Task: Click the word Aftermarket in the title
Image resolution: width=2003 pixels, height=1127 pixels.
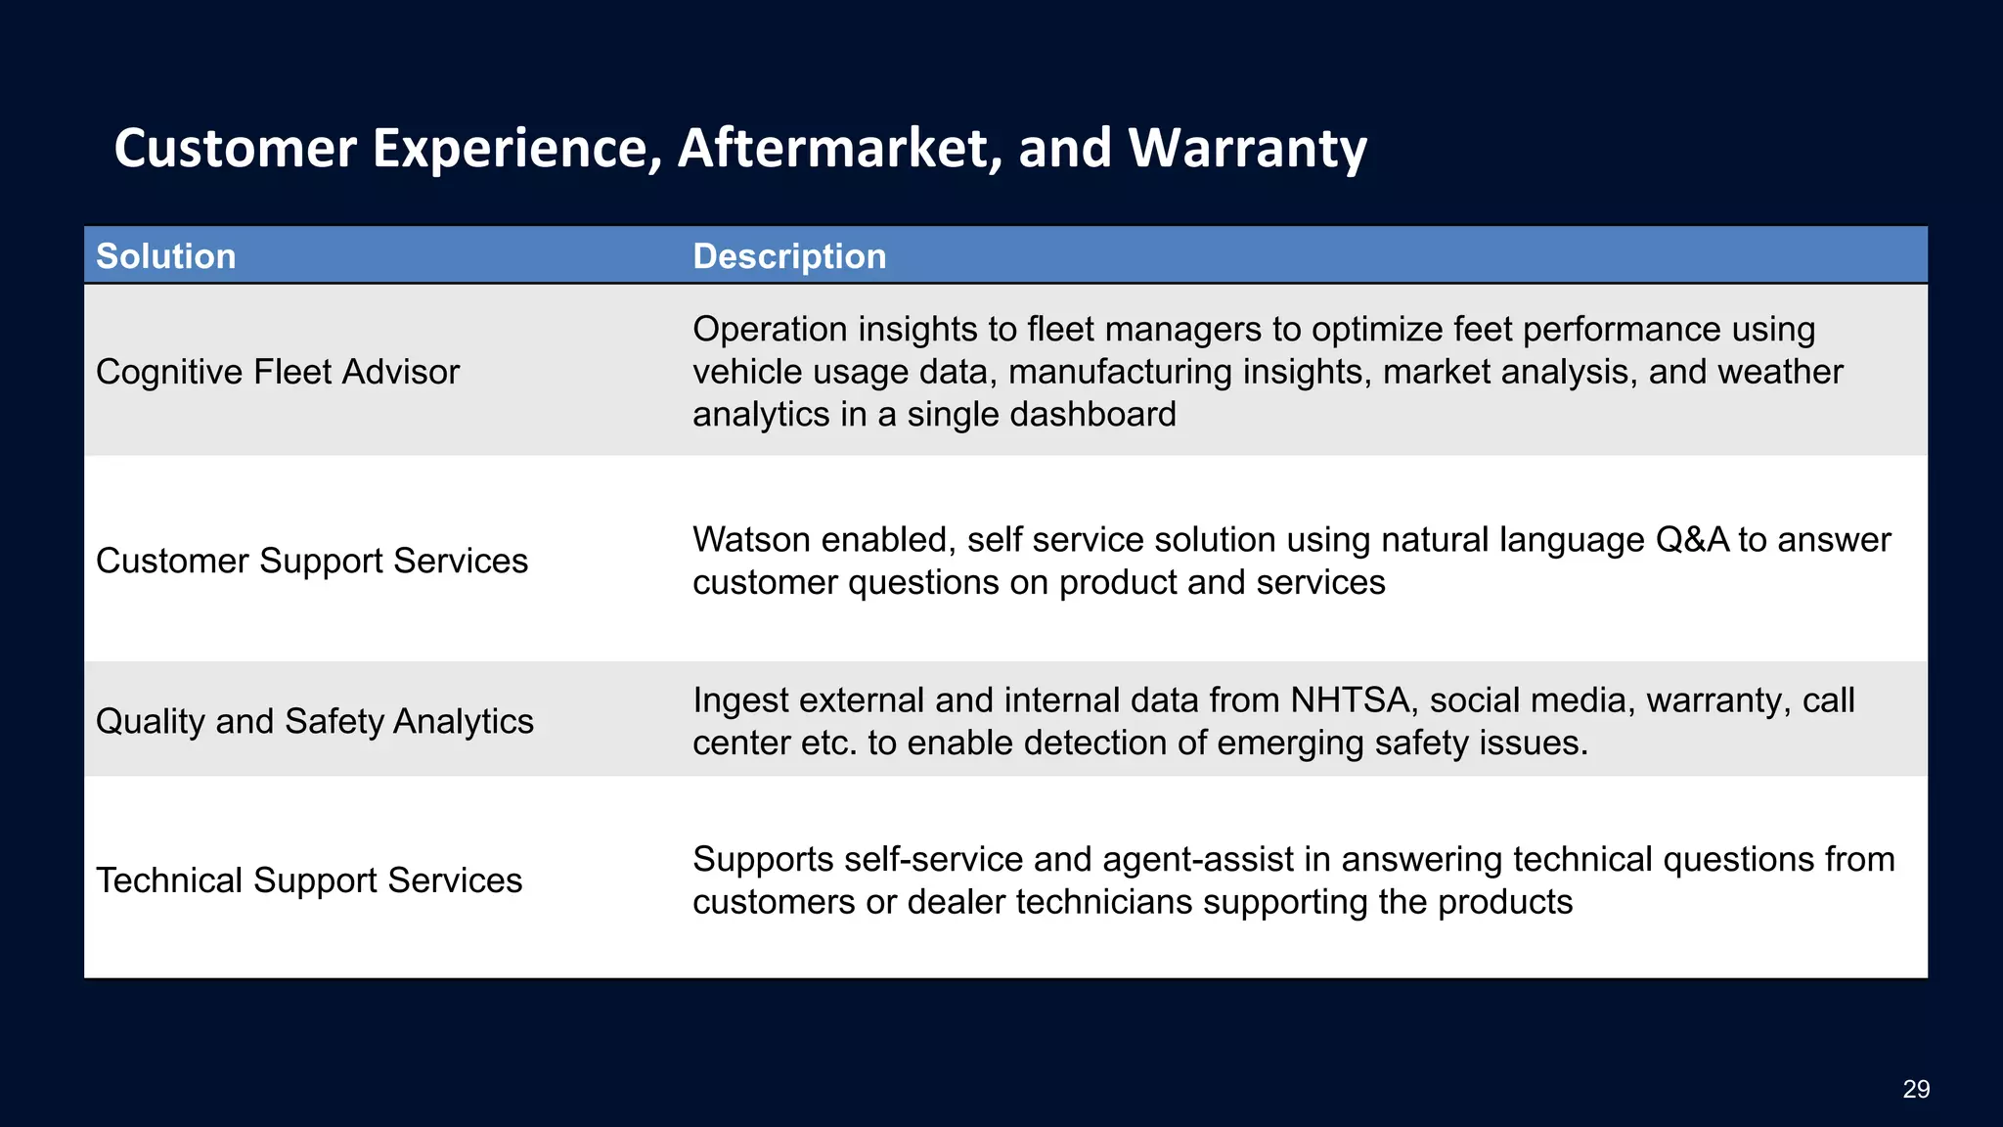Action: click(839, 149)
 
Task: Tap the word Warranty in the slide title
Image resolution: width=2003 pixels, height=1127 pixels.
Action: click(1247, 149)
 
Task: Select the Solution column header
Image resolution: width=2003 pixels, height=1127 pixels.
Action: click(166, 256)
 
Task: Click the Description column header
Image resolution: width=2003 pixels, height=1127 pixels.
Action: click(789, 256)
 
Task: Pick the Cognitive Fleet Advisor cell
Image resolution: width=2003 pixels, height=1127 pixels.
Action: click(278, 372)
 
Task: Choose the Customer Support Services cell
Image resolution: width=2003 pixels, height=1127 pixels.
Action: click(312, 561)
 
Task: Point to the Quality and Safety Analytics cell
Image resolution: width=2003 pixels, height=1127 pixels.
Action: click(315, 721)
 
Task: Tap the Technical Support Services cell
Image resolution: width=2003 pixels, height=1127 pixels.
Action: click(309, 880)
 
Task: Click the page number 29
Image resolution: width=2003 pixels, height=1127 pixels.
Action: click(1916, 1089)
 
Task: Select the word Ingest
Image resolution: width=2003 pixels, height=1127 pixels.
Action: click(740, 700)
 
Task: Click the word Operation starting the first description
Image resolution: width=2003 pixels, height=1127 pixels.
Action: click(770, 330)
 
